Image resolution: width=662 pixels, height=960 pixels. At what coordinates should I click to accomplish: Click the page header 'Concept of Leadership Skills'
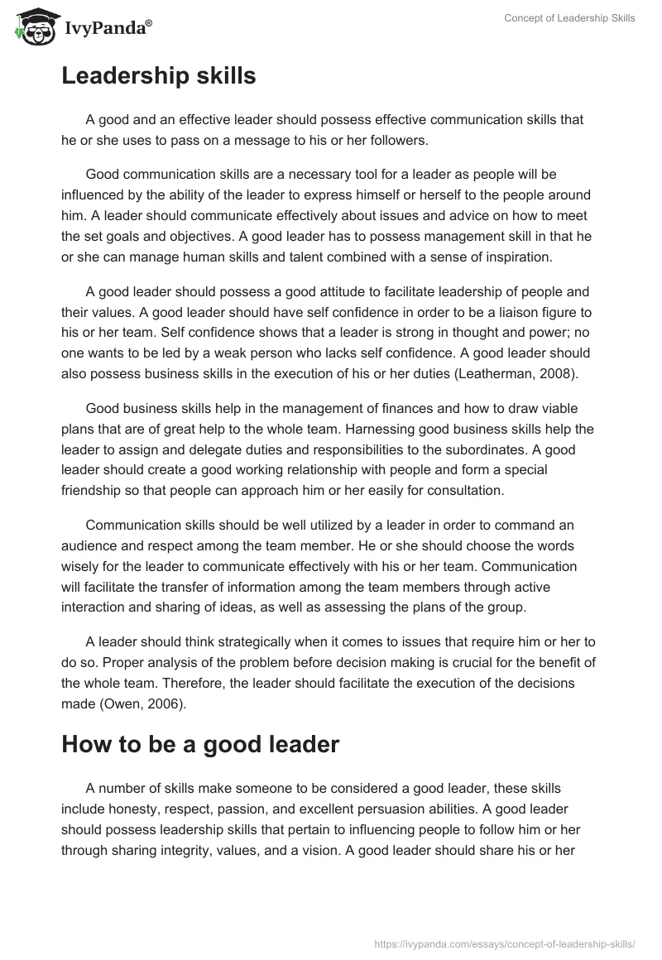[x=569, y=18]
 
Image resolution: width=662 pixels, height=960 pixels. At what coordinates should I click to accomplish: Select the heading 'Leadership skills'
[x=159, y=76]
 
